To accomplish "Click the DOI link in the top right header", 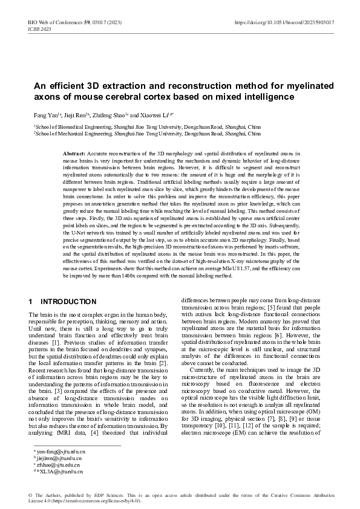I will pos(284,22).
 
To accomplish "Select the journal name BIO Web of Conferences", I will pos(59,22).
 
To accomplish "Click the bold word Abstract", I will pos(74,155).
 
